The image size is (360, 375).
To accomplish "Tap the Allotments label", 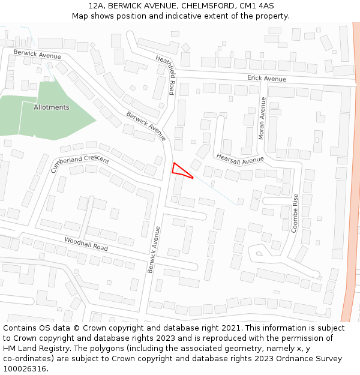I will (x=52, y=107).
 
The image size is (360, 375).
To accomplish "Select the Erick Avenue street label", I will (x=267, y=79).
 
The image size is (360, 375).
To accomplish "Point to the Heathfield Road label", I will (x=165, y=76).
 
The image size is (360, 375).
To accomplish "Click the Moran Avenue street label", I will (x=262, y=118).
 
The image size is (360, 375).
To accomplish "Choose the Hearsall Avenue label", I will (x=240, y=159).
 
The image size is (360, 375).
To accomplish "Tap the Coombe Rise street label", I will (x=295, y=213).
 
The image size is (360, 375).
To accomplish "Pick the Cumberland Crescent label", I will (x=80, y=163).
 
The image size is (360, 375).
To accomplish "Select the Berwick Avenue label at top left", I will (x=37, y=55).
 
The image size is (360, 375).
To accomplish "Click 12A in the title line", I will (x=96, y=5).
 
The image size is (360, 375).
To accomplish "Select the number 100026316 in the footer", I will (x=24, y=368).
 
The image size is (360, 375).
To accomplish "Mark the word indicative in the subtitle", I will (x=210, y=16).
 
